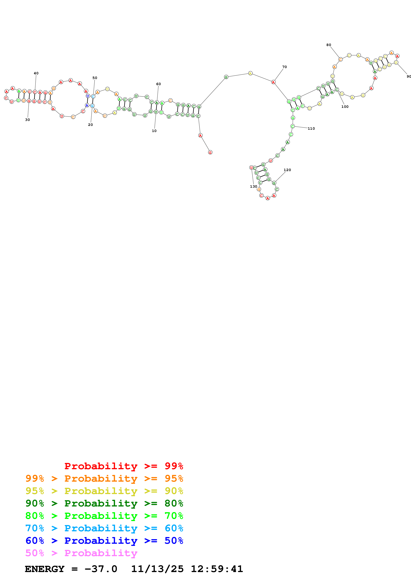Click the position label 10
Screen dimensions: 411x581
pos(154,131)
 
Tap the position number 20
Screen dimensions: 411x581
pos(90,125)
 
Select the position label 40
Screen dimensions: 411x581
pos(36,73)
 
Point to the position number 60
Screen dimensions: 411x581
pos(158,84)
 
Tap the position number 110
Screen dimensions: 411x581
pos(311,129)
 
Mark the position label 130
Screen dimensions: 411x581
pos(253,186)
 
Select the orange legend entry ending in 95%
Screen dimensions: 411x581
pos(104,478)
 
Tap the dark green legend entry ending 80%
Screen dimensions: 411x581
pos(104,503)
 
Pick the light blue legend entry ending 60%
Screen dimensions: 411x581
pos(104,528)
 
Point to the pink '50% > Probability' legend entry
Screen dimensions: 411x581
pos(81,553)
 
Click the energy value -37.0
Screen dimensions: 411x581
pos(101,569)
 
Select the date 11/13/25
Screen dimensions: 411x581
pos(157,569)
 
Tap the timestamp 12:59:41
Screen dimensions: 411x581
pos(217,569)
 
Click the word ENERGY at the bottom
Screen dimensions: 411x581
pos(45,569)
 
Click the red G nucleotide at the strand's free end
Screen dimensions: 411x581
pos(210,152)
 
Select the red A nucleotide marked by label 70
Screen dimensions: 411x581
pos(273,82)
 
